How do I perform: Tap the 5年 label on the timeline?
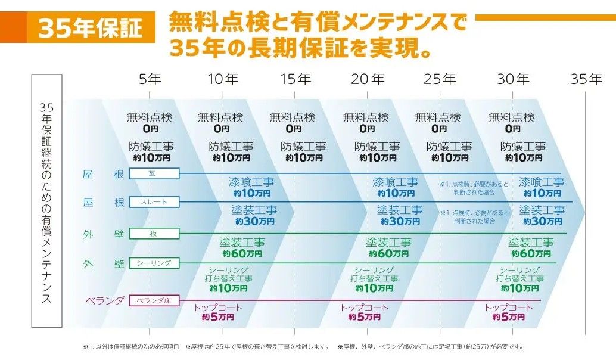click(x=150, y=79)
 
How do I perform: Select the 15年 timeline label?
click(x=295, y=79)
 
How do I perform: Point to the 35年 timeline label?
click(x=586, y=79)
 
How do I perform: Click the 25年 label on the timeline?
click(x=440, y=79)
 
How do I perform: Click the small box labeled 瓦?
click(x=154, y=173)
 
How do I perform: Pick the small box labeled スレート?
click(x=154, y=202)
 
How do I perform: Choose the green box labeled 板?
click(x=154, y=233)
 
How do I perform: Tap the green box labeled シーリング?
click(x=154, y=263)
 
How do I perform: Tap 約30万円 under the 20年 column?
click(x=400, y=221)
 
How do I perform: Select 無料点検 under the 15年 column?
click(x=292, y=117)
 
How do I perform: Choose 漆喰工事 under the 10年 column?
click(x=251, y=182)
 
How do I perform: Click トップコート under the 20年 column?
click(x=364, y=308)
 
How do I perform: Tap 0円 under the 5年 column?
click(x=149, y=128)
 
